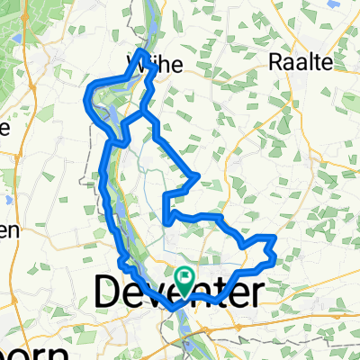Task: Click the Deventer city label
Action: coord(178,290)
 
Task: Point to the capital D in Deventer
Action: coord(107,290)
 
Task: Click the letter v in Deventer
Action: coord(156,292)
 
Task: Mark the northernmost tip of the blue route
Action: coord(141,50)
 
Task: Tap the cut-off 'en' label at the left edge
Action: coord(8,230)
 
